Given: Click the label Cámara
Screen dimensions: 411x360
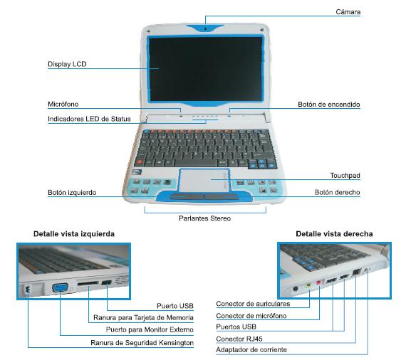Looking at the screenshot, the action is point(348,12).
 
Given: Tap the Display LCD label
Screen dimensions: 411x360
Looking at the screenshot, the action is point(67,64).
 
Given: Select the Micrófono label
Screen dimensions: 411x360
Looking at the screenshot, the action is point(63,104).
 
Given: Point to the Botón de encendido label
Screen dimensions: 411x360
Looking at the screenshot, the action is point(328,105).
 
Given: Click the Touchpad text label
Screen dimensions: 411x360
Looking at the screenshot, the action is point(345,176).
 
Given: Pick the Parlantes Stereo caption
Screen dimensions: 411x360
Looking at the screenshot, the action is point(204,218).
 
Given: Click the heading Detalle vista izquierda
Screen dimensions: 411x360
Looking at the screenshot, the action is point(74,234).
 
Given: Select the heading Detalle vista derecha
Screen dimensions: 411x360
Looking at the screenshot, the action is point(334,234).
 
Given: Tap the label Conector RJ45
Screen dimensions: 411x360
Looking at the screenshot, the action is point(239,339).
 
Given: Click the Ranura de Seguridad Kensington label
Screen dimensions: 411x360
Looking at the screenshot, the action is point(142,343).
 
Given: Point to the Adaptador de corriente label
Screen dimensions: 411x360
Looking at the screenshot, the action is point(251,350).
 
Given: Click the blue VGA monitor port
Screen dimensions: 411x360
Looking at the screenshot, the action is point(60,287).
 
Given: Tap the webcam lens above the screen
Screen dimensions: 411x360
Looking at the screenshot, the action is point(205,28).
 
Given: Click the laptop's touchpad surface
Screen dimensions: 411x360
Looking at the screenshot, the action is point(204,181).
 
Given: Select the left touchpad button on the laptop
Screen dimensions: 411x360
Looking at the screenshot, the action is point(187,196).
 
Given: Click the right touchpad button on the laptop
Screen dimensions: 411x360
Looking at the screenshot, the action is point(222,196).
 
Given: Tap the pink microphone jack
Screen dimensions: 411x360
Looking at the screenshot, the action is point(318,282).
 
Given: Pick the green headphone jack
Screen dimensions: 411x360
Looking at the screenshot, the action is point(308,285).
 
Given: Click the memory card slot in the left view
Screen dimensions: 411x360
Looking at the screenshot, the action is point(88,283).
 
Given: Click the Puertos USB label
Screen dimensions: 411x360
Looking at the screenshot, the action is point(236,327).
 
